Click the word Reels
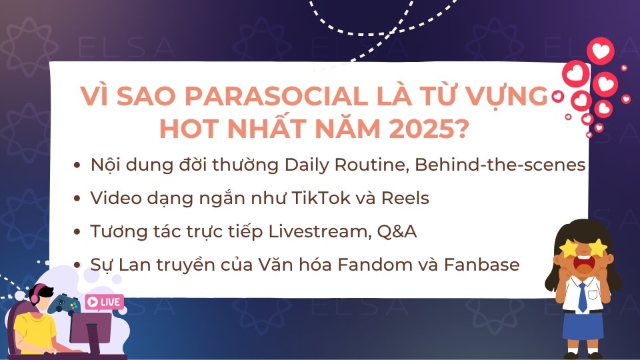405,198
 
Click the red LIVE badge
105,302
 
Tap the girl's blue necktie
583,296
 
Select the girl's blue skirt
582,326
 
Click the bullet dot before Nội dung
79,166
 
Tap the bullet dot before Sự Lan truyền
79,265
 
